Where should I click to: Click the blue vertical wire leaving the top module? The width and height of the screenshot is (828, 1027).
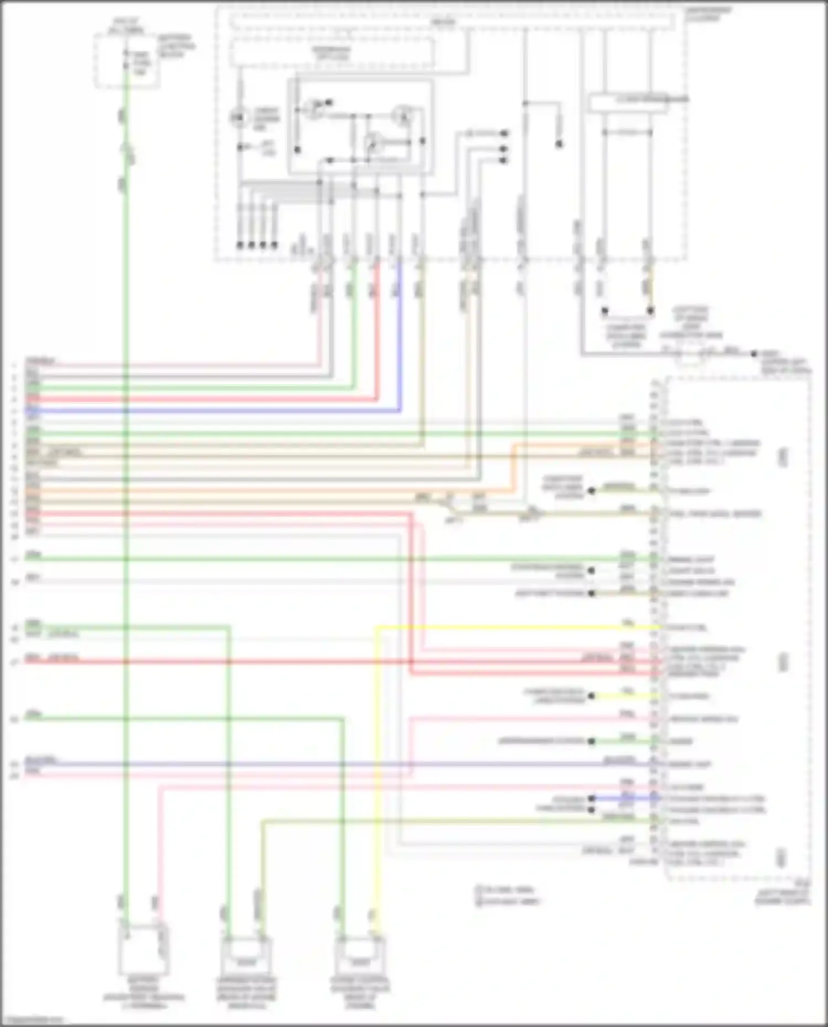pos(400,342)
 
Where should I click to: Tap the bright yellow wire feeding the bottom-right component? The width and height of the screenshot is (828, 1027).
pos(376,773)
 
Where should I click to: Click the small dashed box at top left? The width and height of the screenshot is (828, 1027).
pos(128,61)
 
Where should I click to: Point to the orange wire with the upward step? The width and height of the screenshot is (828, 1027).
pos(513,469)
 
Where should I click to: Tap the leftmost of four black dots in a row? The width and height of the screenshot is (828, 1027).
pos(240,244)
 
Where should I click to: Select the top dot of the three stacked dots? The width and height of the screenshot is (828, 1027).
pos(503,134)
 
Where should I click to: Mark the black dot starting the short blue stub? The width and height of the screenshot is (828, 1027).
pos(591,798)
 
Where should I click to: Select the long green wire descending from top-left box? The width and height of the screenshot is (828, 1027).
pos(126,497)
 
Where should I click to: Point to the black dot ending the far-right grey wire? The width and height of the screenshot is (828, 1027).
pos(754,354)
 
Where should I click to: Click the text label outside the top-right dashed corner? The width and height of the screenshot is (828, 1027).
pos(709,14)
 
